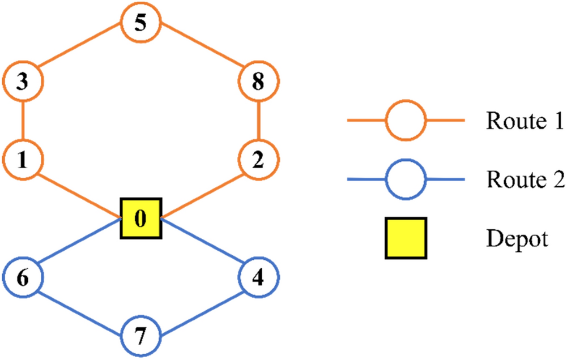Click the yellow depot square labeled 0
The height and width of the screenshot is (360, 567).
point(141,218)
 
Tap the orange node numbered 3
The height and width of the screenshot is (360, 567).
point(23,82)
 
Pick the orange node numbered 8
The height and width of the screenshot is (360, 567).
point(259,82)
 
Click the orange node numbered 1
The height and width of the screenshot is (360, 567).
point(23,161)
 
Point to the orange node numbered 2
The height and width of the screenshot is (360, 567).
point(259,161)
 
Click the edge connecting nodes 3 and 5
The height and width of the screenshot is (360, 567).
point(82,53)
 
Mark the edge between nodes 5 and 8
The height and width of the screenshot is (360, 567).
point(200,53)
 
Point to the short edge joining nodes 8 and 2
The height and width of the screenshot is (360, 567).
point(259,121)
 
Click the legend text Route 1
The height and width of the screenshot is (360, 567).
point(524,121)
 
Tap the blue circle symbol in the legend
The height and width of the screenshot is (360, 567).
point(406,180)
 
